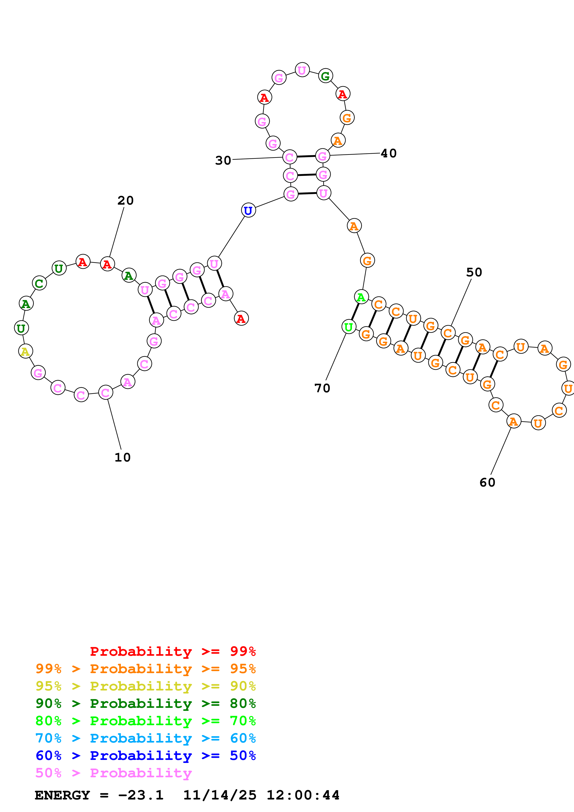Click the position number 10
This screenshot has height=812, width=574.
tap(122, 457)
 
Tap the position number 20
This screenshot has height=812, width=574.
tap(125, 200)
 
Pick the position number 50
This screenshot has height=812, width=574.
tap(474, 272)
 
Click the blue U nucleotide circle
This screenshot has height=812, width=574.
tap(248, 210)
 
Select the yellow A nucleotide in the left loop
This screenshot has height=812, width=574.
tap(25, 351)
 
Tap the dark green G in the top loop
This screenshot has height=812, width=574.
tap(325, 76)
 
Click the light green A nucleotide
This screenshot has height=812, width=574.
tap(361, 297)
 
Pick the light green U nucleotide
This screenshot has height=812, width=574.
tap(349, 327)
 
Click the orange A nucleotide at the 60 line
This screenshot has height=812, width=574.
tap(514, 421)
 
